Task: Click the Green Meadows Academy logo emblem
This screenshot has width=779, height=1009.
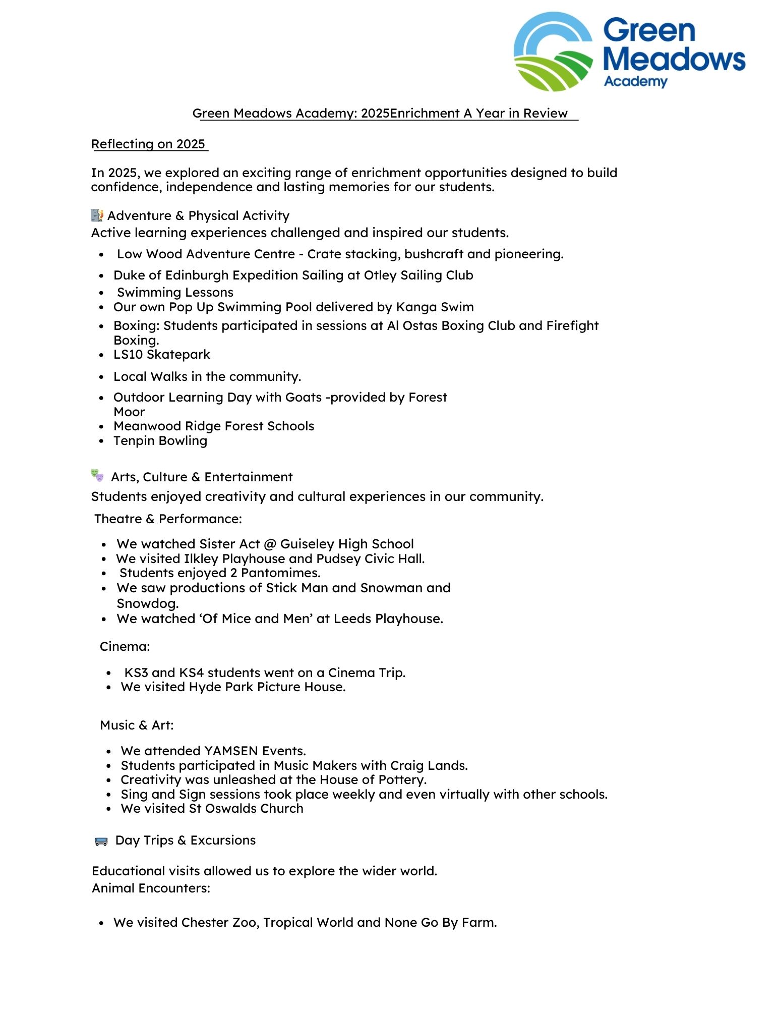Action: [553, 52]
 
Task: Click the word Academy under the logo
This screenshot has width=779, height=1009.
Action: [635, 82]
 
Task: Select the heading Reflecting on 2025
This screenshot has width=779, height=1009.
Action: [148, 144]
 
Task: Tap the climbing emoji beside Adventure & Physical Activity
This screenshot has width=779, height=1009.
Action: [97, 215]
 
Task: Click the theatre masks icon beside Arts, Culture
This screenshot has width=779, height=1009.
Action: [97, 476]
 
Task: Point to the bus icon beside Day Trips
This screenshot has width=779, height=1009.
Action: [101, 841]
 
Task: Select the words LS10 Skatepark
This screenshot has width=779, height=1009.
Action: [161, 355]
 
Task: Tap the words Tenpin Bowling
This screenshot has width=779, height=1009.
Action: [160, 441]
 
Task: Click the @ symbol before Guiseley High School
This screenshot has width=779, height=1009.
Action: [270, 544]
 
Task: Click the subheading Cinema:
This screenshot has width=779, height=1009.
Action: [125, 647]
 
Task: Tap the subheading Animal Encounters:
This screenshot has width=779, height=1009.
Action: [151, 888]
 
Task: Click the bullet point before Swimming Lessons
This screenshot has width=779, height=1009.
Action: [102, 293]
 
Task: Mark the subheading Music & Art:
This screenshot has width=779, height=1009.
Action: [137, 725]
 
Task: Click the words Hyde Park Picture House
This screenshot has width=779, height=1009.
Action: [267, 687]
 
